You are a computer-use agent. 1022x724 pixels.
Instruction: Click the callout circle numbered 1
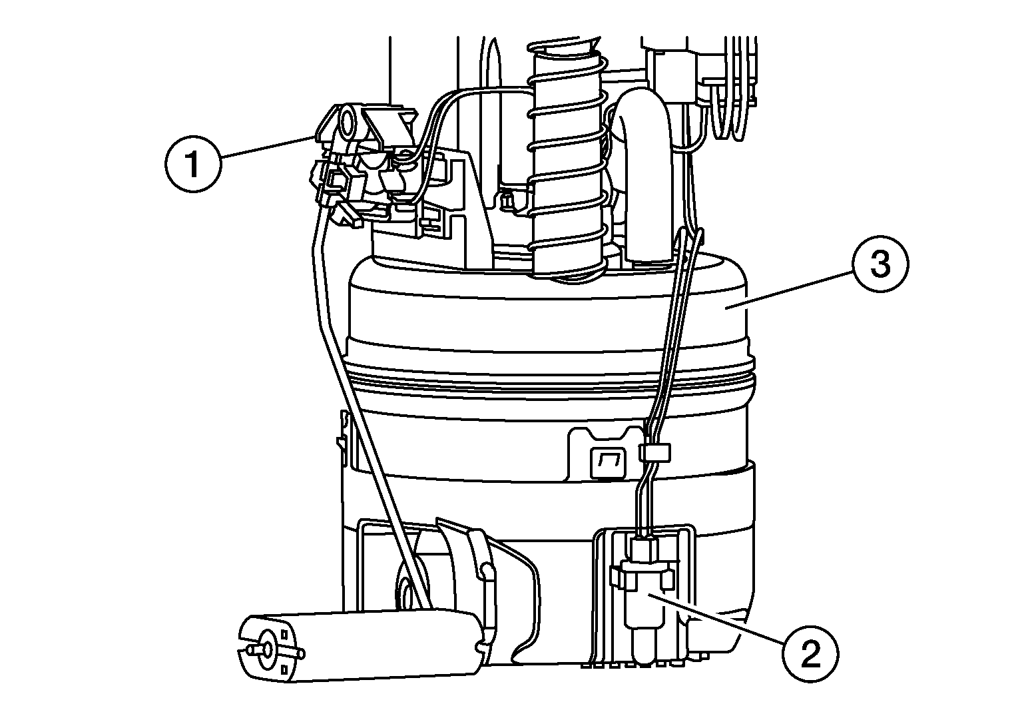click(x=192, y=165)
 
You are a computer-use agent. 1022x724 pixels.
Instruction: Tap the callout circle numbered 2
click(x=810, y=655)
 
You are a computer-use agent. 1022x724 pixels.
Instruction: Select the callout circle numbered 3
click(x=880, y=265)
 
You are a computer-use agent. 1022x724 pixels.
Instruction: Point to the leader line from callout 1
click(x=266, y=147)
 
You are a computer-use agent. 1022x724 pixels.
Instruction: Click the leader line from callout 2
click(x=719, y=616)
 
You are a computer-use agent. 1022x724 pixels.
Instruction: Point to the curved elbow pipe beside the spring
click(x=639, y=173)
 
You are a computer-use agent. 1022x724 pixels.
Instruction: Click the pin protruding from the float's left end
click(x=252, y=648)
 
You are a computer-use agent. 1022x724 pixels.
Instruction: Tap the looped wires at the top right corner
click(x=732, y=100)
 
